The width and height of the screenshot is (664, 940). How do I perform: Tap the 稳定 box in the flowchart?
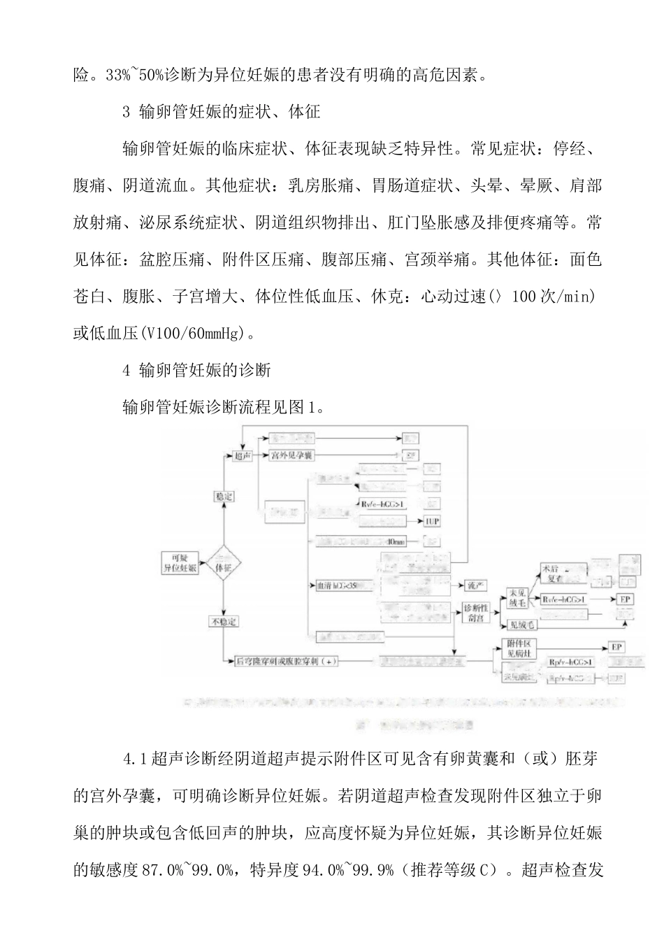pyautogui.click(x=223, y=497)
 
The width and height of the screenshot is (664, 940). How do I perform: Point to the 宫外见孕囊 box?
pyautogui.click(x=292, y=456)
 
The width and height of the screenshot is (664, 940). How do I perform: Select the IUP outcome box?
pyautogui.click(x=433, y=522)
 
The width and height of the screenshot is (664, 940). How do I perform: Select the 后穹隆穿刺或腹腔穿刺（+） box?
pyautogui.click(x=287, y=661)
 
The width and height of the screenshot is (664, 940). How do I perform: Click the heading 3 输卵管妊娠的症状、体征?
pyautogui.click(x=221, y=112)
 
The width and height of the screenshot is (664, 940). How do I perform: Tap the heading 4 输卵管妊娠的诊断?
pyautogui.click(x=196, y=371)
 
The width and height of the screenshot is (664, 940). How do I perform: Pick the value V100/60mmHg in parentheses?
pyautogui.click(x=192, y=334)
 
